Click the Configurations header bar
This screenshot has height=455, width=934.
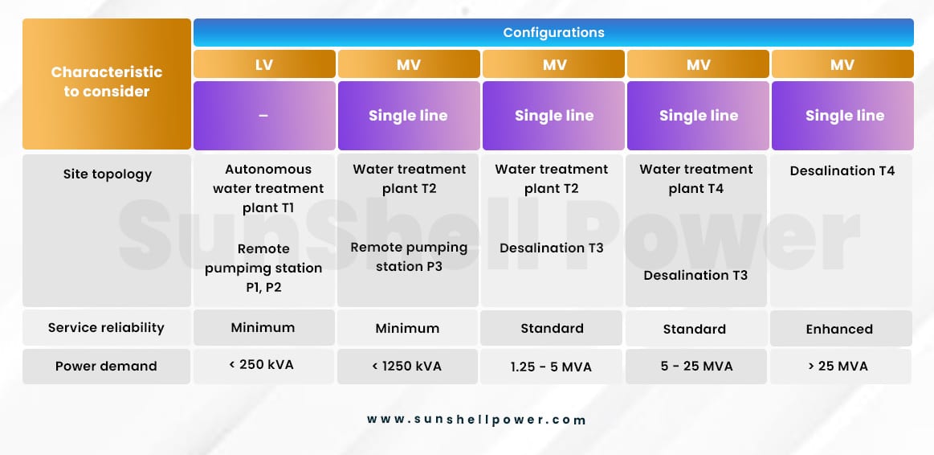point(553,32)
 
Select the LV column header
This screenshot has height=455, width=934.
point(264,64)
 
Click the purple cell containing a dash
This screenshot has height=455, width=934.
point(264,116)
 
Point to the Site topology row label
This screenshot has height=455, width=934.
point(108,174)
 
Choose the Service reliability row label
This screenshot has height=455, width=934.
point(106,327)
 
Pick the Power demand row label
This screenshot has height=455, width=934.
point(106,366)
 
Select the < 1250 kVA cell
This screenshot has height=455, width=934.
point(407,366)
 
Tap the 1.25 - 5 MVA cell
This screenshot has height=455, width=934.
point(551,367)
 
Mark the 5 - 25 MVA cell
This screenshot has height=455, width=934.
point(695,366)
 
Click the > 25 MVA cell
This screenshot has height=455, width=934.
point(840,366)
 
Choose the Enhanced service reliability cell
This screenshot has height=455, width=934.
point(840,329)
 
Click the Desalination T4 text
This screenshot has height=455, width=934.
point(842,171)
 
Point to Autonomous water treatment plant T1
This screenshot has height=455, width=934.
point(268,189)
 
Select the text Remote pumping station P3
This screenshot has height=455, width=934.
point(409,256)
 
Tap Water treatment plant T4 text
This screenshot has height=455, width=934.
point(696,179)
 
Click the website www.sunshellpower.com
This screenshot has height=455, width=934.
point(476,420)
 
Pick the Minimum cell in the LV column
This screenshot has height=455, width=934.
point(263,327)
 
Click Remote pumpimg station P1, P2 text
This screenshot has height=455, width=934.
point(263,268)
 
